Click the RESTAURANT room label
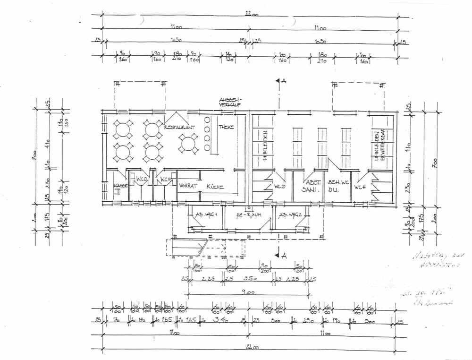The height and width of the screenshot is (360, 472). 179,128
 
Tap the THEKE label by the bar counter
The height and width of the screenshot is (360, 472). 226,127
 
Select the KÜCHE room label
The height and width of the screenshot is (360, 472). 215,187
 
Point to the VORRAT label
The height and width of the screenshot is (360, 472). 188,186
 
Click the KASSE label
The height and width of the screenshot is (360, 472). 121,186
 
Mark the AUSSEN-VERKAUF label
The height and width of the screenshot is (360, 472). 230,102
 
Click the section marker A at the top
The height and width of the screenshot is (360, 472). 283,81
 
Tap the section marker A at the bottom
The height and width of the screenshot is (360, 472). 283,256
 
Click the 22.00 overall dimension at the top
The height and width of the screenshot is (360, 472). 252,15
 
